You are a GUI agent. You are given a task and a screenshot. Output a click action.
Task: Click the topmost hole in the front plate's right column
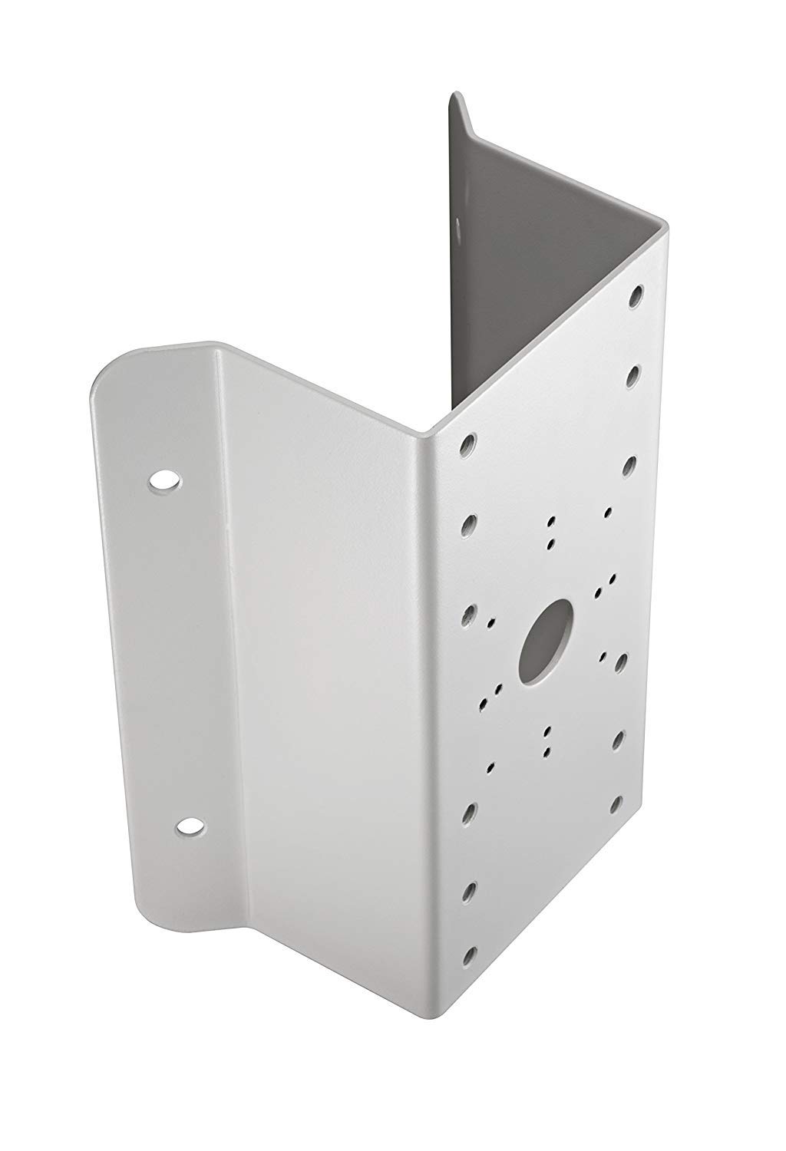636,295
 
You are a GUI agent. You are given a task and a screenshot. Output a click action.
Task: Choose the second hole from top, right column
634,376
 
